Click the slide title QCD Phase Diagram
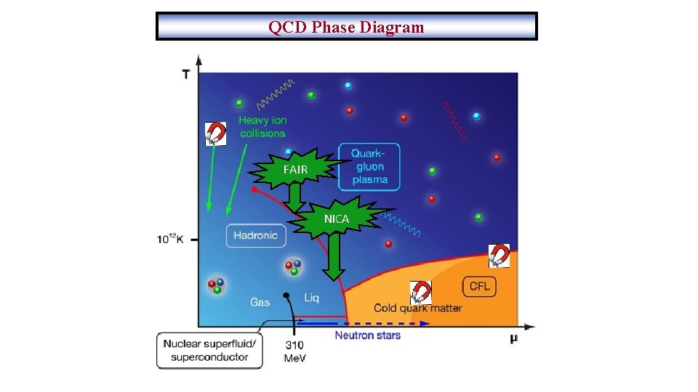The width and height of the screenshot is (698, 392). pos(346,27)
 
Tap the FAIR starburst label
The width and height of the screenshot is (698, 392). pos(295,170)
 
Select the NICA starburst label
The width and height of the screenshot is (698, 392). pos(337,219)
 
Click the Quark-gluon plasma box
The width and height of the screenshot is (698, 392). pos(369,167)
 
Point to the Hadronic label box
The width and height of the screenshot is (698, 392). pos(256,235)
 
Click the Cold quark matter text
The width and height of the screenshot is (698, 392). pos(418,308)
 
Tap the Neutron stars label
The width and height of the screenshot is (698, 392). pos(367,335)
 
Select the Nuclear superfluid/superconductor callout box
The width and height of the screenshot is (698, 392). pos(209,350)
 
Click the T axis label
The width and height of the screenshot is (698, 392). pos(187,73)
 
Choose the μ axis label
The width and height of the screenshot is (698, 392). pos(514,338)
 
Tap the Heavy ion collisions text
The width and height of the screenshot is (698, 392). pos(262,127)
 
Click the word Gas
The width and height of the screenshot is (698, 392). pos(260,301)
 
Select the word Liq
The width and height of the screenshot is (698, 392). pos(311,298)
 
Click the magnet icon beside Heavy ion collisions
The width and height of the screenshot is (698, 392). pos(215,134)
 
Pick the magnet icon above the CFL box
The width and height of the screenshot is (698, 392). pos(499,256)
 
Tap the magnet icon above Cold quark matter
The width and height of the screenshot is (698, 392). pos(420,292)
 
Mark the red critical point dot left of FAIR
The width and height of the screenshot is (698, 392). pos(254,189)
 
